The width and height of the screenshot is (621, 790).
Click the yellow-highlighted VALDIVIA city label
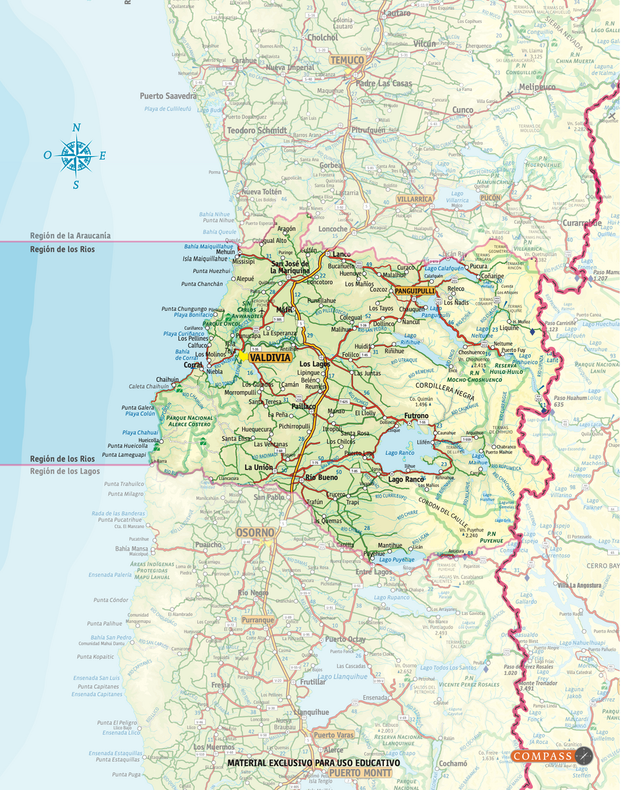[x=271, y=357]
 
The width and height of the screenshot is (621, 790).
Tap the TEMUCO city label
[x=346, y=60]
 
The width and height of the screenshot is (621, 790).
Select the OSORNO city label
[x=255, y=532]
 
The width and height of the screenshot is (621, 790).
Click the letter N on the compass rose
[x=76, y=128]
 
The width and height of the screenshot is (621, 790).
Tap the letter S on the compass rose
[x=76, y=185]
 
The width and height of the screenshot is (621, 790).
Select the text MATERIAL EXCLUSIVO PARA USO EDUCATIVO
[x=313, y=762]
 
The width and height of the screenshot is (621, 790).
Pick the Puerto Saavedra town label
[x=168, y=96]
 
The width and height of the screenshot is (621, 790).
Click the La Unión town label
[x=258, y=467]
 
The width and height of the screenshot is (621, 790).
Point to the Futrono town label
[x=416, y=416]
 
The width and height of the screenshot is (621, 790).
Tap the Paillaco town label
[x=304, y=407]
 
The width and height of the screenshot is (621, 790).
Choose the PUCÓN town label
[x=490, y=197]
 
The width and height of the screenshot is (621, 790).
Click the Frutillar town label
[x=313, y=682]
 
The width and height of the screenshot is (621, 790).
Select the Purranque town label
[x=257, y=620]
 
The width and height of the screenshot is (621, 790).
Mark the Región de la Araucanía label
[x=70, y=235]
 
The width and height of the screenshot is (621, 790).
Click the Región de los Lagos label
[x=65, y=471]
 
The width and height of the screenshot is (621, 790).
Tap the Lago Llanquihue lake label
[x=341, y=676]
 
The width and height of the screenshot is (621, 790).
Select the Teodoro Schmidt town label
[x=256, y=130]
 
